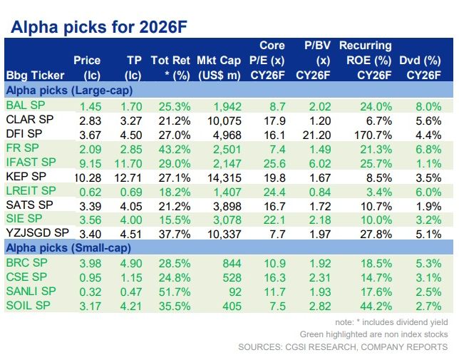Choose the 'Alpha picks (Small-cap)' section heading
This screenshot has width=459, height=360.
point(69,247)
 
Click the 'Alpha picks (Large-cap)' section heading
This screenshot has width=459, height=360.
point(69,91)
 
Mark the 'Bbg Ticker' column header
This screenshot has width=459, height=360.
point(35,75)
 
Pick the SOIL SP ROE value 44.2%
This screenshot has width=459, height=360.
point(376,306)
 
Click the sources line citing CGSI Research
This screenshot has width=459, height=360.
point(344,347)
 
